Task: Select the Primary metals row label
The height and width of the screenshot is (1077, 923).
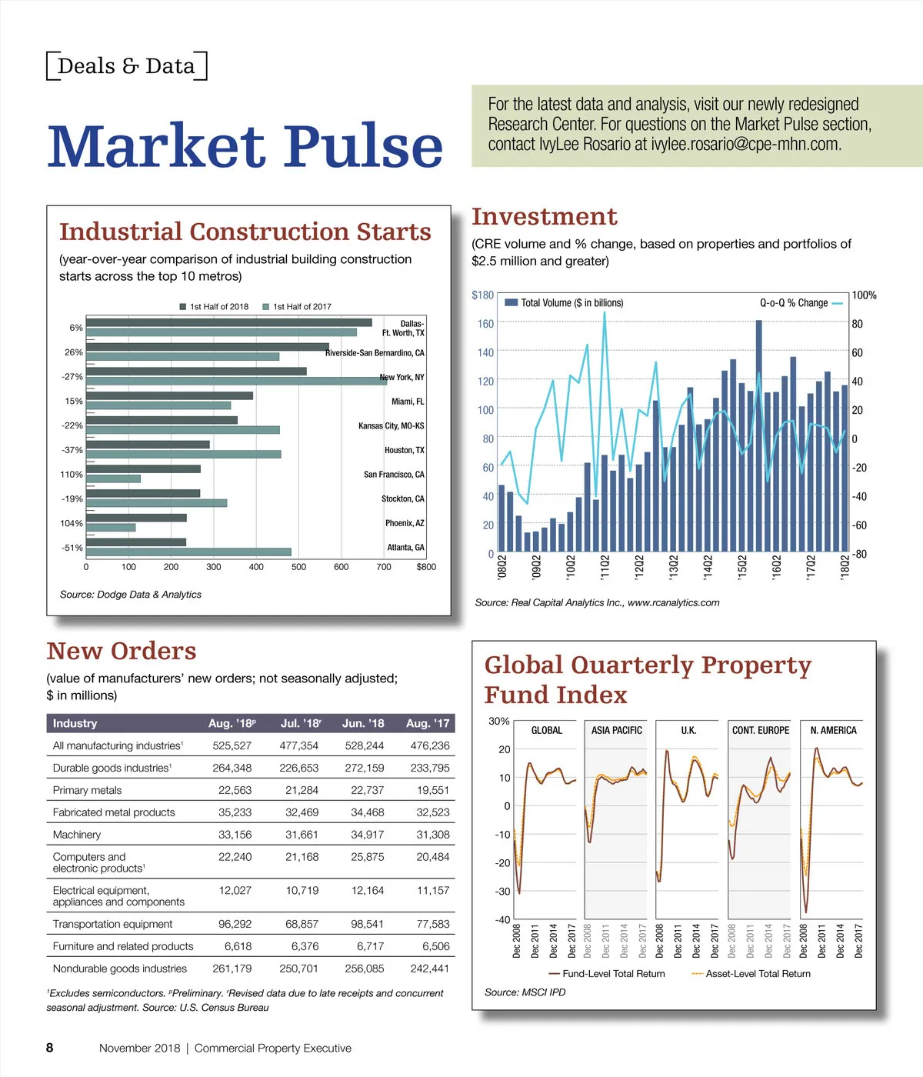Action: tap(87, 790)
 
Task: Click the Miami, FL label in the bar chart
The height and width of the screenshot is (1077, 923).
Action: tap(408, 402)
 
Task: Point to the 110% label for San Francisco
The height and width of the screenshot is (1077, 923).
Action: tap(72, 475)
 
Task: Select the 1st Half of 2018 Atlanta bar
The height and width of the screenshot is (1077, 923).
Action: tap(136, 542)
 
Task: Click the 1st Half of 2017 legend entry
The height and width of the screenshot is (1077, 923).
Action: tap(297, 306)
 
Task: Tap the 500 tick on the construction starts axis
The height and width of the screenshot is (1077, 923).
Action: tap(298, 567)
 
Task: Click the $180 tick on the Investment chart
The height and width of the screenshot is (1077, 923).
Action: tap(482, 295)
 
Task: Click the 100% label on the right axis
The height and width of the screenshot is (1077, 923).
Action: tap(864, 295)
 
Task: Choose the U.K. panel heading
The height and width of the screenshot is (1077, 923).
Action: tap(688, 730)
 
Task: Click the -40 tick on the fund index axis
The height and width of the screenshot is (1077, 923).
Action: tap(501, 920)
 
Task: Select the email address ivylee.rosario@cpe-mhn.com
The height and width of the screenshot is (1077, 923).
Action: tap(746, 145)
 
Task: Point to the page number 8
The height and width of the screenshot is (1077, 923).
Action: tap(50, 1048)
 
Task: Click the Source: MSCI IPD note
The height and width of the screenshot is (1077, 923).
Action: tap(525, 992)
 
